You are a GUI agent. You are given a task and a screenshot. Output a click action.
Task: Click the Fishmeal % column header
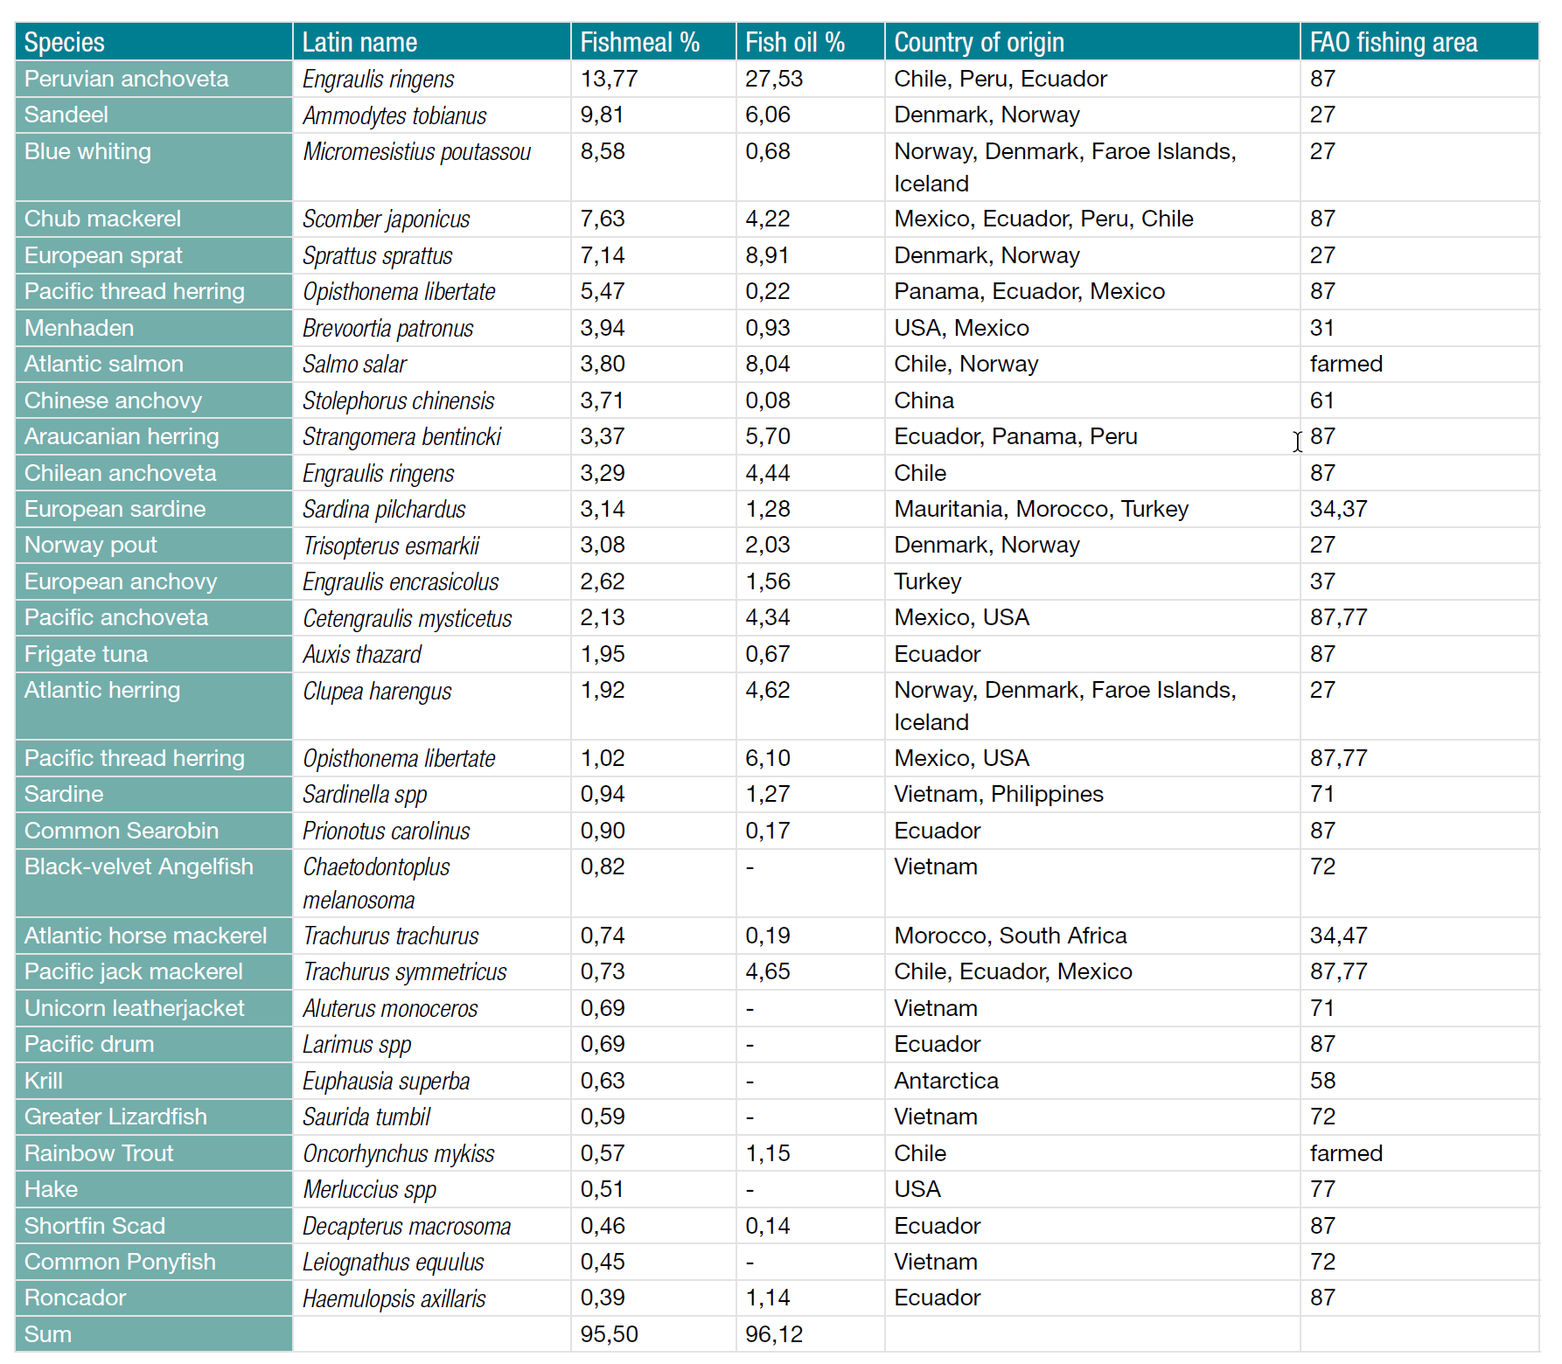point(639,42)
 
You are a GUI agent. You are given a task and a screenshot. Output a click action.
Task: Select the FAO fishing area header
point(1393,42)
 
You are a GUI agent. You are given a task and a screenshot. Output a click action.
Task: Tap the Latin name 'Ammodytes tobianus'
point(394,115)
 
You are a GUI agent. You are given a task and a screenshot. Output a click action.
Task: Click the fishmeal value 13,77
point(609,79)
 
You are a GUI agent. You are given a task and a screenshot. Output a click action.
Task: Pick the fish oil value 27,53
point(773,79)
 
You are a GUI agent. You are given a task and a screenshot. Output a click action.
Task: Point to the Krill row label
point(44,1081)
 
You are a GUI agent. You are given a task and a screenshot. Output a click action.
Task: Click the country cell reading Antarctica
point(945,1081)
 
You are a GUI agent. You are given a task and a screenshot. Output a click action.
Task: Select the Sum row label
point(48,1334)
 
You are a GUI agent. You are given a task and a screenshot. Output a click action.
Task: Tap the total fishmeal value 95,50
point(609,1334)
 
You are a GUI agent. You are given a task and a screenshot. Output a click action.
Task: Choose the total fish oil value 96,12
point(773,1334)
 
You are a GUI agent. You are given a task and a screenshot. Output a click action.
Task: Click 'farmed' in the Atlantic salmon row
point(1346,364)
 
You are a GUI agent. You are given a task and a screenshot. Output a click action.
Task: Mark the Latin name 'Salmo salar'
point(354,364)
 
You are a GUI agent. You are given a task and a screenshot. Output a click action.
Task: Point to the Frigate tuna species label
point(86,654)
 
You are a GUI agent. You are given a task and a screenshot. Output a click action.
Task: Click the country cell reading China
point(924,400)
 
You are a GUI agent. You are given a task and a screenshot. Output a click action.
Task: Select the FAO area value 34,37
point(1338,509)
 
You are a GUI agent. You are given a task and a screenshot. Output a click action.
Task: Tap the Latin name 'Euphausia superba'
point(386,1082)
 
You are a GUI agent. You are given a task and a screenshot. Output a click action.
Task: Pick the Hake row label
point(51,1189)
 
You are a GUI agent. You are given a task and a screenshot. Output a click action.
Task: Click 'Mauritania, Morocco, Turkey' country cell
point(1041,509)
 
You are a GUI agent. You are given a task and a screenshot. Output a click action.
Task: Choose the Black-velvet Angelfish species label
point(138,866)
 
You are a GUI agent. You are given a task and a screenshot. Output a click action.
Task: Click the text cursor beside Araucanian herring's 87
point(1297,442)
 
